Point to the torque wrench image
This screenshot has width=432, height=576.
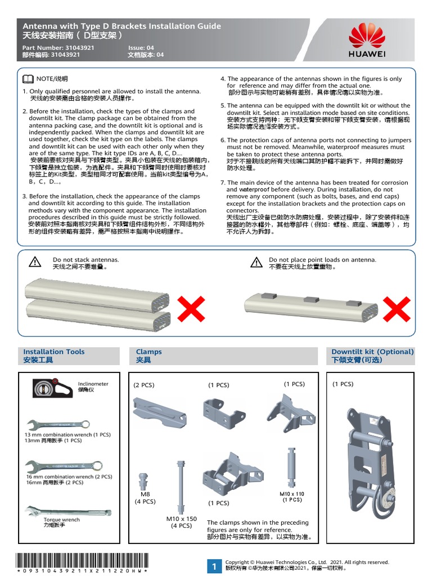pos(66,511)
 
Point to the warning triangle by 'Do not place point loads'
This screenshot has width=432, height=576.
pos(256,262)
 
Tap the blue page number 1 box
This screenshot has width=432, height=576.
pos(214,566)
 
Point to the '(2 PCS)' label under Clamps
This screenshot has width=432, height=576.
pos(144,385)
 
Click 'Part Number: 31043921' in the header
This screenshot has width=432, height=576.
pos(58,48)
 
